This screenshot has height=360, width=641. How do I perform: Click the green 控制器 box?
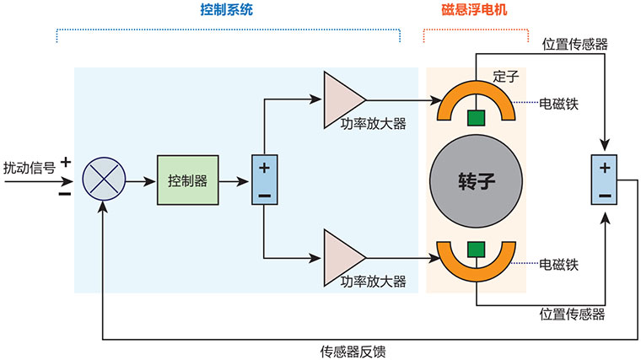[x=187, y=180]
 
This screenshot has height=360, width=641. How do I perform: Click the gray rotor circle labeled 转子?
[x=477, y=180]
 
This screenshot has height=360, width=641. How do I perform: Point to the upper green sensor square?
[x=477, y=117]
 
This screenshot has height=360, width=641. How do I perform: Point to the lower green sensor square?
[x=477, y=249]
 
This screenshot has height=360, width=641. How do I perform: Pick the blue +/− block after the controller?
[x=264, y=180]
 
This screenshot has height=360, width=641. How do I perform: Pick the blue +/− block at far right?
[x=604, y=180]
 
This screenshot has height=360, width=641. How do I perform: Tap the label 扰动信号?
[x=30, y=168]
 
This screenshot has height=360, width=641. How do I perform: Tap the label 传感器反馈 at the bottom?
[x=353, y=350]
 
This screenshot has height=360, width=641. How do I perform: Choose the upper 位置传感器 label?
[x=574, y=44]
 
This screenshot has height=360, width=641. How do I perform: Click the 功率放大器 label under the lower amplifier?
[x=373, y=280]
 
